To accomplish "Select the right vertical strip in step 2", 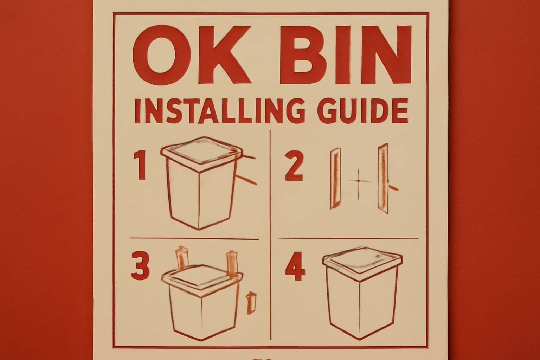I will pos(382,179).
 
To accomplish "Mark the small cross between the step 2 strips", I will pos(358,181).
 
